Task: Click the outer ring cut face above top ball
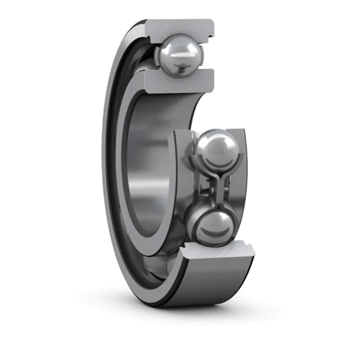(x=180, y=27)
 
